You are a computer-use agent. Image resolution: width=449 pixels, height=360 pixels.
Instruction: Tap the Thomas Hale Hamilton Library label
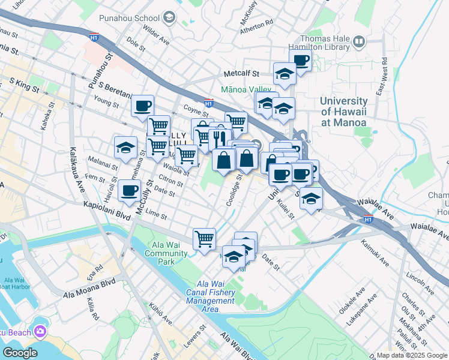[x=317, y=41]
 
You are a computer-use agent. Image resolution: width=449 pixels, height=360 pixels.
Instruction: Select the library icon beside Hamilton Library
[x=359, y=41]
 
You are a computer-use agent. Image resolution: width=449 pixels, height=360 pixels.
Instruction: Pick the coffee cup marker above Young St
[x=142, y=106]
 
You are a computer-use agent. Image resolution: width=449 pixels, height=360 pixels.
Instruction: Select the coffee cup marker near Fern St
[x=129, y=191]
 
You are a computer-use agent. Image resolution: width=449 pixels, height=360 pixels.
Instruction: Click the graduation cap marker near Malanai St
[x=125, y=148]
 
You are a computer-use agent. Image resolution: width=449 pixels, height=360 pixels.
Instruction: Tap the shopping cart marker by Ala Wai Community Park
[x=204, y=238]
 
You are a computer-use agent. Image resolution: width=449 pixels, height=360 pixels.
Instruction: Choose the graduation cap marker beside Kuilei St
[x=311, y=199]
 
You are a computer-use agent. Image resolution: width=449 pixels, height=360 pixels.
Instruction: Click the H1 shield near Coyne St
[x=208, y=103]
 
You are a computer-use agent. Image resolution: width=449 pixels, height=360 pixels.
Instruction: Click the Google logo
[x=20, y=352]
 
